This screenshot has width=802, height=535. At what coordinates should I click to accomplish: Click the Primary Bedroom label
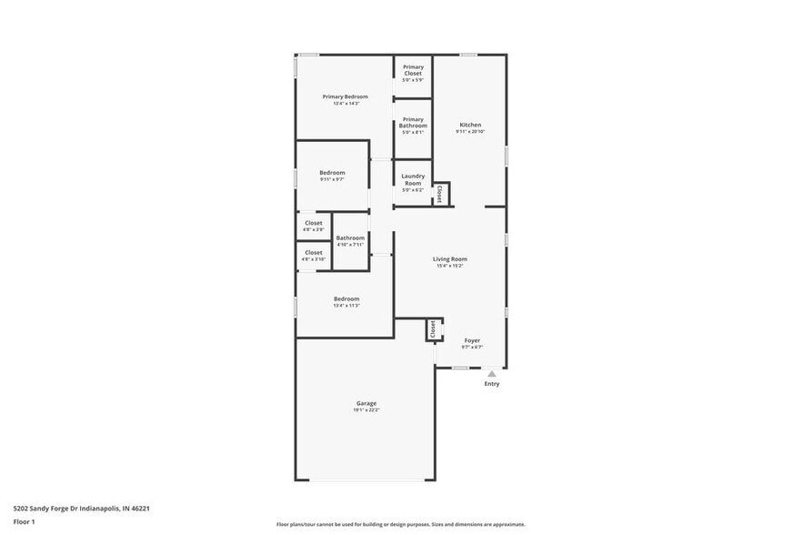click(x=346, y=96)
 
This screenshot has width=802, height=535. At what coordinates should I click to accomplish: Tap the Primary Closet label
click(x=413, y=70)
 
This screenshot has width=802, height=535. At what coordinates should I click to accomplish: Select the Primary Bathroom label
click(x=413, y=123)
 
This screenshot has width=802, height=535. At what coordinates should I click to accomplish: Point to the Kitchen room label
click(x=470, y=125)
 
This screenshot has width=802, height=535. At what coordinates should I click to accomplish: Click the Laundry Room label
click(x=413, y=179)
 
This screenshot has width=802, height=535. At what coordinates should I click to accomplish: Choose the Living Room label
click(x=450, y=259)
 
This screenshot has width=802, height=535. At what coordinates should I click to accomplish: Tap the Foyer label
click(x=472, y=340)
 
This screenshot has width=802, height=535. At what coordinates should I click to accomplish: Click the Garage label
click(x=366, y=403)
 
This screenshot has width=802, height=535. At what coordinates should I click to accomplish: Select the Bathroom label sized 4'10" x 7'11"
click(x=350, y=238)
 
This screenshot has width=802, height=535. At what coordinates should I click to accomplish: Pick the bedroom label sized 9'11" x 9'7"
click(x=332, y=173)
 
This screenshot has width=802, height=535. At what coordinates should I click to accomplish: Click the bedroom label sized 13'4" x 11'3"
click(x=346, y=299)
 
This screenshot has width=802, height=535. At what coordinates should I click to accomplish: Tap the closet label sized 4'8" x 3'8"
click(x=314, y=223)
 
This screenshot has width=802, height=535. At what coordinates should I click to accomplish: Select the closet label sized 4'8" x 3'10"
click(x=314, y=253)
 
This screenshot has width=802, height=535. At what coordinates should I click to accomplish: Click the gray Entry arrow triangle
click(x=492, y=373)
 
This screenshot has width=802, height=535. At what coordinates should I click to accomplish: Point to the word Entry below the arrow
click(x=492, y=384)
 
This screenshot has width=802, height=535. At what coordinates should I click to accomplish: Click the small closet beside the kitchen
click(x=440, y=194)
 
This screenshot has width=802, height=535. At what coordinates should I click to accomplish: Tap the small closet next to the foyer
click(x=433, y=328)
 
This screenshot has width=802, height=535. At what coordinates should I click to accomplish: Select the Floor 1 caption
click(x=24, y=521)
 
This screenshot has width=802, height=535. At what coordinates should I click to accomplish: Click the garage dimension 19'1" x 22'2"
click(x=366, y=410)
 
